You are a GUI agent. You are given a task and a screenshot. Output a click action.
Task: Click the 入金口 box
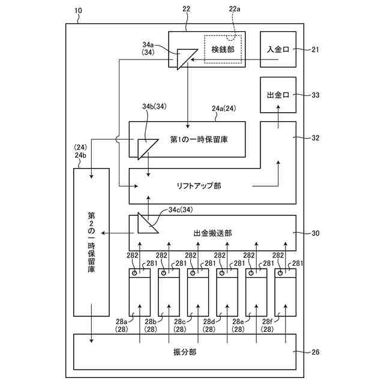click(278, 50)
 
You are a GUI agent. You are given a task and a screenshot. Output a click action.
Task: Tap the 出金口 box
click(278, 95)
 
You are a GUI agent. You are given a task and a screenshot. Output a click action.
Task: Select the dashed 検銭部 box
click(223, 48)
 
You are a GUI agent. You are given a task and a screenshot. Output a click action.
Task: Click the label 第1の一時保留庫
click(198, 139)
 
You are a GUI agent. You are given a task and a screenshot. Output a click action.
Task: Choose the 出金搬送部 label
click(214, 233)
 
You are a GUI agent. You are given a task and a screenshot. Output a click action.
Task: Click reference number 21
click(315, 49)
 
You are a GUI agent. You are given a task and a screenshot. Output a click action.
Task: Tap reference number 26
click(315, 352)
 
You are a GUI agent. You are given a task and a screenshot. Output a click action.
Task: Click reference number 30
click(315, 233)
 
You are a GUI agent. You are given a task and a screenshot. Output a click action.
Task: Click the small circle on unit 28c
click(193, 274)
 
